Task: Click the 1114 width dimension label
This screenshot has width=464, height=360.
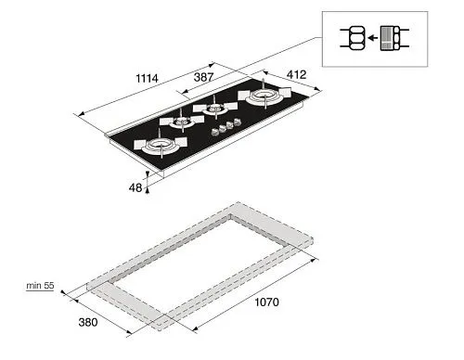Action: point(147,78)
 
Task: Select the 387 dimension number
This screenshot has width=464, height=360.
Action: point(203,77)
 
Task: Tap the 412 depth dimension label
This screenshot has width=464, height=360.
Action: point(296,74)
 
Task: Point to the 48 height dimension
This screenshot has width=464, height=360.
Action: point(135,187)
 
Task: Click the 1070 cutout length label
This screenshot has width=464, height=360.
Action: point(266,302)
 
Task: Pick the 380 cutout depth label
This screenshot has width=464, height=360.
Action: point(88,322)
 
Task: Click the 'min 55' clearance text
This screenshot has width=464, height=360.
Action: point(40,286)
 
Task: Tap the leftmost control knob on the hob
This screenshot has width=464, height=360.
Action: point(214,132)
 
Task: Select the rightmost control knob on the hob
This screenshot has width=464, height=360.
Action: point(238,122)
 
